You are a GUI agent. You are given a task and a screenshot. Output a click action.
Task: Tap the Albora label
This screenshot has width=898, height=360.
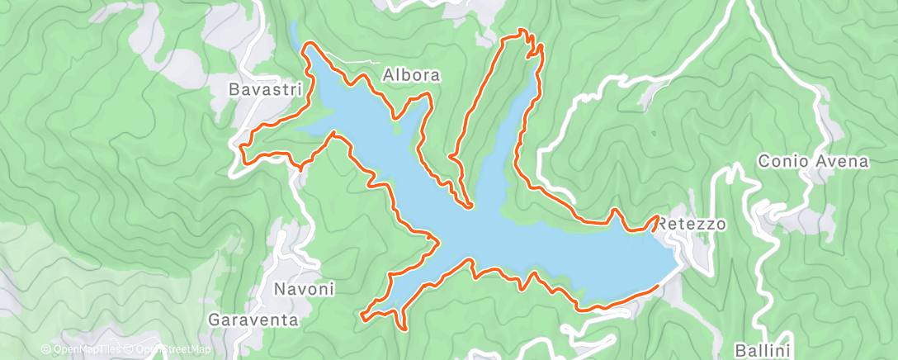click(x=412, y=74)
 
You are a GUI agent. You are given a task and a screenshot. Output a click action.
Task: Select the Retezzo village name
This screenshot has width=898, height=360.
click(x=692, y=224)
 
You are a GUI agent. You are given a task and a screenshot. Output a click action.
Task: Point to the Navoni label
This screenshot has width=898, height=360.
click(x=303, y=289)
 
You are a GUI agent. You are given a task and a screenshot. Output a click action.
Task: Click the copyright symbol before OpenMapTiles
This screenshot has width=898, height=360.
click(x=46, y=349)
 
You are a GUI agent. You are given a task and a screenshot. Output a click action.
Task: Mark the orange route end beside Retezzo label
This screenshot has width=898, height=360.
click(x=657, y=218)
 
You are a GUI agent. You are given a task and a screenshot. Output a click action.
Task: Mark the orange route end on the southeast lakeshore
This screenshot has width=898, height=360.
click(x=657, y=286)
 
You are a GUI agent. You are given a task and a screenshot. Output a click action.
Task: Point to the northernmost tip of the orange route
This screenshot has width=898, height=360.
click(x=522, y=31)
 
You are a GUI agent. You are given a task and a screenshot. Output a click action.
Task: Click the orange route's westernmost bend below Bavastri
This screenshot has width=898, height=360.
click(x=242, y=147)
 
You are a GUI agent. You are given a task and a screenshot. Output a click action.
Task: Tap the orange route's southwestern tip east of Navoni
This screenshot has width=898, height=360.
click(x=363, y=314)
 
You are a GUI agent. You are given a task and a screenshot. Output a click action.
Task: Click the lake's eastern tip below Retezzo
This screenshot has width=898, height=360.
click(x=678, y=263)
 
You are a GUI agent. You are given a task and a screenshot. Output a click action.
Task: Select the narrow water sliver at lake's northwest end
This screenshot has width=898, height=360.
click(x=294, y=35)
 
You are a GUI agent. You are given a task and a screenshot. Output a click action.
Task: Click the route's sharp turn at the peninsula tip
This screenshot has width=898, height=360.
click(x=468, y=206)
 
